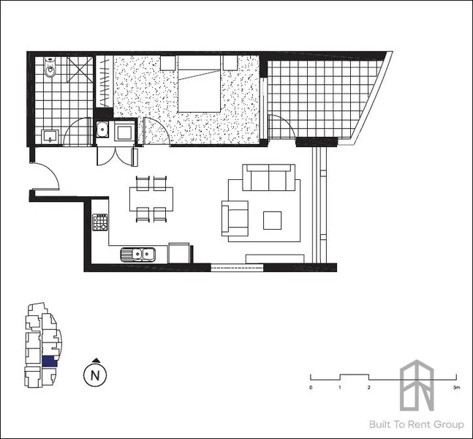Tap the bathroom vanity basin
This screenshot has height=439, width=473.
coord(50,135)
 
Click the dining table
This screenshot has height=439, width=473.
coord(151,198)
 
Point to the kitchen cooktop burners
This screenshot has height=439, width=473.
coord(100,222)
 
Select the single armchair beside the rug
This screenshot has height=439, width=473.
coord(235,217)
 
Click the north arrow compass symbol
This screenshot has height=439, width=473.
coord(94,375)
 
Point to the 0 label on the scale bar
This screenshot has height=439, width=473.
coord(311,387)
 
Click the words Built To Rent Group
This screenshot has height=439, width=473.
coord(426,424)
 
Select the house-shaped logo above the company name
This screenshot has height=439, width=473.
coord(417,385)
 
